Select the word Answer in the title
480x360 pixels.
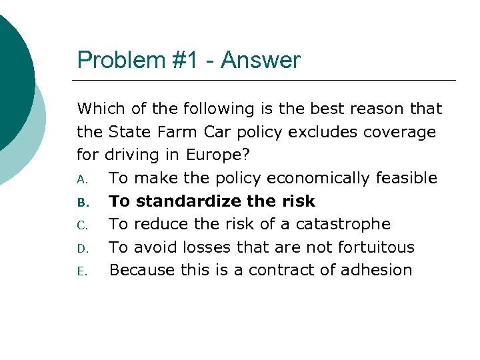(261, 61)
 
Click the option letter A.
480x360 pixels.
(81, 179)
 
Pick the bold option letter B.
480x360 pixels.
(81, 202)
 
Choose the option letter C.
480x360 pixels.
(81, 225)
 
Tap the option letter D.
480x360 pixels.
(81, 248)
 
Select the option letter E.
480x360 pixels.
(81, 271)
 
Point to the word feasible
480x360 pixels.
(406, 178)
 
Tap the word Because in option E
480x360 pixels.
(139, 270)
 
